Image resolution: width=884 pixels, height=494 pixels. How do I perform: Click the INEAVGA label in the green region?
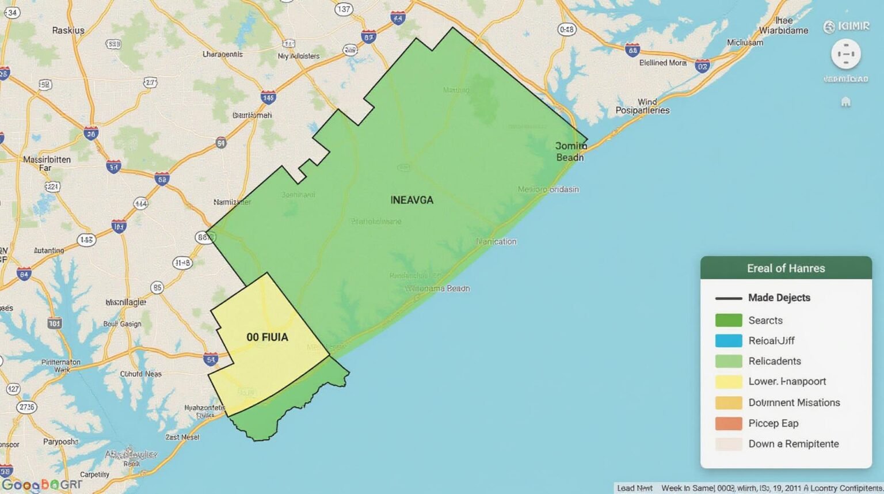coord(411,200)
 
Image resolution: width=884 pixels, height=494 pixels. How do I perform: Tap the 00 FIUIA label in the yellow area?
coord(267,337)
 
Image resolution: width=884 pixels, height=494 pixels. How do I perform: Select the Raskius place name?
coord(68,30)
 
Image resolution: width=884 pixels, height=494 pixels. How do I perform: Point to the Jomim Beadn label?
coord(571,151)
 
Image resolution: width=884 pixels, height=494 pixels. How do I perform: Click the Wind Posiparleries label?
coord(643,106)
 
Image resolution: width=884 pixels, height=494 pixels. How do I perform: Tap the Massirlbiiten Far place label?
coord(47,164)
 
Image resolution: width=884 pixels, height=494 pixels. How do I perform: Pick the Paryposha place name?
coord(60,442)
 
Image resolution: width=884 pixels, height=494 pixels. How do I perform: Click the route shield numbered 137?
coord(344,9)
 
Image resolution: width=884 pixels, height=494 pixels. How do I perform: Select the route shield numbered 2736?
coord(26,407)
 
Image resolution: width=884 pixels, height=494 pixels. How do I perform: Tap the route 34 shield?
coord(11,12)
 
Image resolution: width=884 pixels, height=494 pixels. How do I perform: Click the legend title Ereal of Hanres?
coord(786,268)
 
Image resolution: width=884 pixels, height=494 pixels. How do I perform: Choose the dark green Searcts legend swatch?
coord(728,320)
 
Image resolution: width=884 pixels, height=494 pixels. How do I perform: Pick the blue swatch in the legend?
coord(728,341)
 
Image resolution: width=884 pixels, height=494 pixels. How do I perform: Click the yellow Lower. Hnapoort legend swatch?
coord(728,382)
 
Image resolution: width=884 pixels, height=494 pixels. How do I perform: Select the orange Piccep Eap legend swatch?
coord(728,423)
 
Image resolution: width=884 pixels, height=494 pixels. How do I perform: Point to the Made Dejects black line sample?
coord(728,298)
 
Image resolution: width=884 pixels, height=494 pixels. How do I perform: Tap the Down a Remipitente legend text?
coord(793,444)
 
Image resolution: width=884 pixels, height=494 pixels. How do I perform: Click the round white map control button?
coord(845,55)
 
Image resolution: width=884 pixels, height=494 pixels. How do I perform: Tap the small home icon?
coord(845,102)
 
